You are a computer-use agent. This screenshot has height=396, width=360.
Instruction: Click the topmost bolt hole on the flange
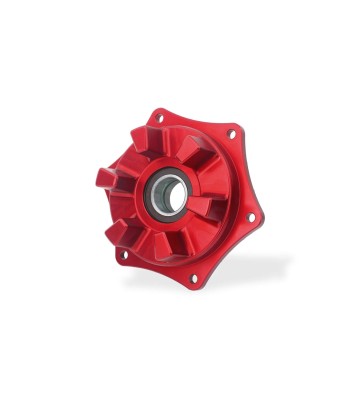tap(159, 118)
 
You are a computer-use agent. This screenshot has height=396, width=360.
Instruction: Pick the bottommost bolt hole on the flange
tap(194, 277)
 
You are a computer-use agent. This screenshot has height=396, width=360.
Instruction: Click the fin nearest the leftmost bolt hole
tap(120, 229)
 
